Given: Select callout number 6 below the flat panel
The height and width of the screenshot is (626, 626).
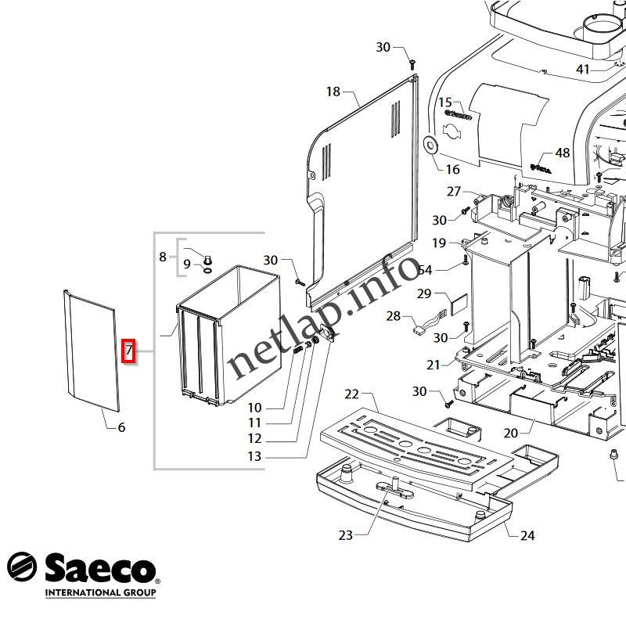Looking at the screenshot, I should pyautogui.click(x=121, y=427).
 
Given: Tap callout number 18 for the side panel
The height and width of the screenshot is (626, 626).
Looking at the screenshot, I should pyautogui.click(x=333, y=92).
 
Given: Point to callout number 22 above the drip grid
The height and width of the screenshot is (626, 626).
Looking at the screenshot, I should pyautogui.click(x=351, y=394).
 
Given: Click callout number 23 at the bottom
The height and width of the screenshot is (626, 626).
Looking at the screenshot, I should pyautogui.click(x=346, y=535).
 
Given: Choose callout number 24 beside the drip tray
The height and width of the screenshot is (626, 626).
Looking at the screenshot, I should pyautogui.click(x=527, y=535).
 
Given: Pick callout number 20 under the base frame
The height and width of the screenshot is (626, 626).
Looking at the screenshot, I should pyautogui.click(x=532, y=432).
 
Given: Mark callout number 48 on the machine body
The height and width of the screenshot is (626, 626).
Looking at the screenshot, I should pyautogui.click(x=563, y=153).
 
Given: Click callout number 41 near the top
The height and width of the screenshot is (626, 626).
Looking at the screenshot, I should pyautogui.click(x=583, y=70).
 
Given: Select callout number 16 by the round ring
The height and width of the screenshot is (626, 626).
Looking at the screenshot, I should pyautogui.click(x=452, y=169).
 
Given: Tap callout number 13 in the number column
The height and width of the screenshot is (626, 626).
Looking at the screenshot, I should pyautogui.click(x=255, y=457).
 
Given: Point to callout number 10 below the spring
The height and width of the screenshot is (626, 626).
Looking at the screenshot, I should pyautogui.click(x=255, y=408).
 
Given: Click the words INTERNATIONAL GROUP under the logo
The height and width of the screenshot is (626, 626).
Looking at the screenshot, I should pyautogui.click(x=100, y=592).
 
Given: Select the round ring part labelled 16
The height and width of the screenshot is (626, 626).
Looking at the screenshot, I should pyautogui.click(x=429, y=145).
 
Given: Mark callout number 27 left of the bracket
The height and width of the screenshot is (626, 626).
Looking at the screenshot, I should pyautogui.click(x=454, y=192).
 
